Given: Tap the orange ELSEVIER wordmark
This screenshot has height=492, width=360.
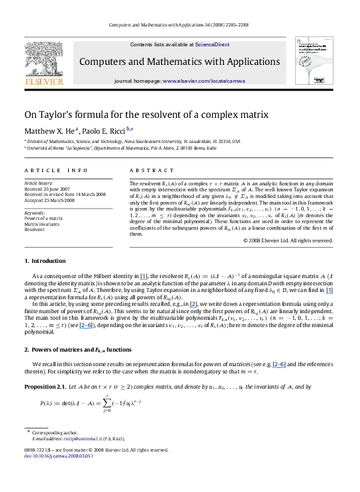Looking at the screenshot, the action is [x=44, y=81].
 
